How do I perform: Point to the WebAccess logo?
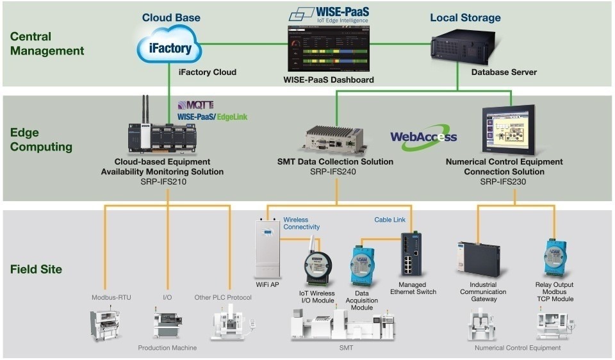[423, 136]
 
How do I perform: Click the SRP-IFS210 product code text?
[162, 182]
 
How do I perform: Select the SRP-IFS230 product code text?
[504, 182]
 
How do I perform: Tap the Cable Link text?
[390, 220]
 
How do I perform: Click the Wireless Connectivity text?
[301, 223]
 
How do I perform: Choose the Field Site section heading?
[36, 270]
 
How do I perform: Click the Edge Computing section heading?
[41, 140]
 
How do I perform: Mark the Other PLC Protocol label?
[223, 297]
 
